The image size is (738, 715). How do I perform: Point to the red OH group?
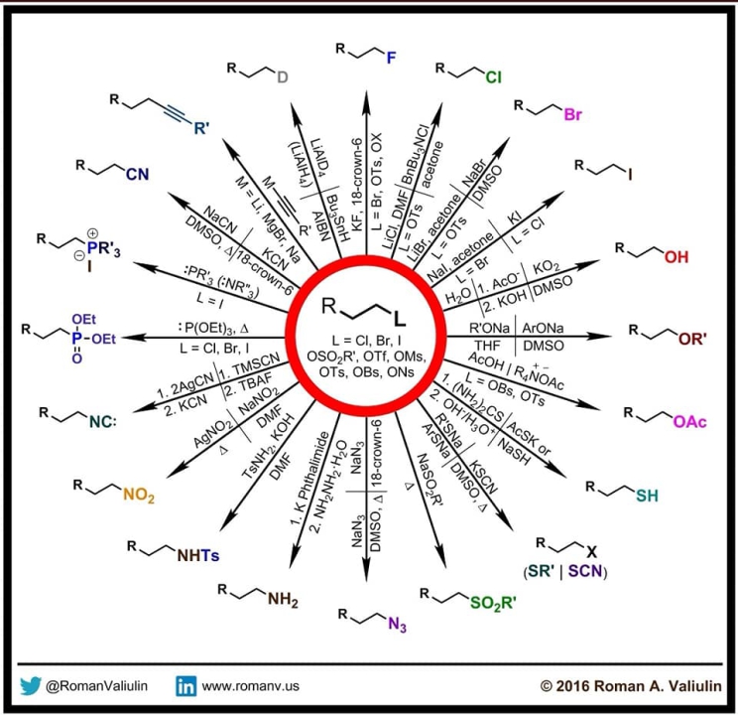pyautogui.click(x=676, y=257)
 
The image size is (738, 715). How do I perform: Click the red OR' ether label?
pyautogui.click(x=690, y=339)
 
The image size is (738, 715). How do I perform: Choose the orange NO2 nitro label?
pyautogui.click(x=140, y=497)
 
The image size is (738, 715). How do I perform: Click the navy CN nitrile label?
pyautogui.click(x=136, y=175)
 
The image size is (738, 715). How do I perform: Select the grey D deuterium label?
pyautogui.click(x=281, y=77)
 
